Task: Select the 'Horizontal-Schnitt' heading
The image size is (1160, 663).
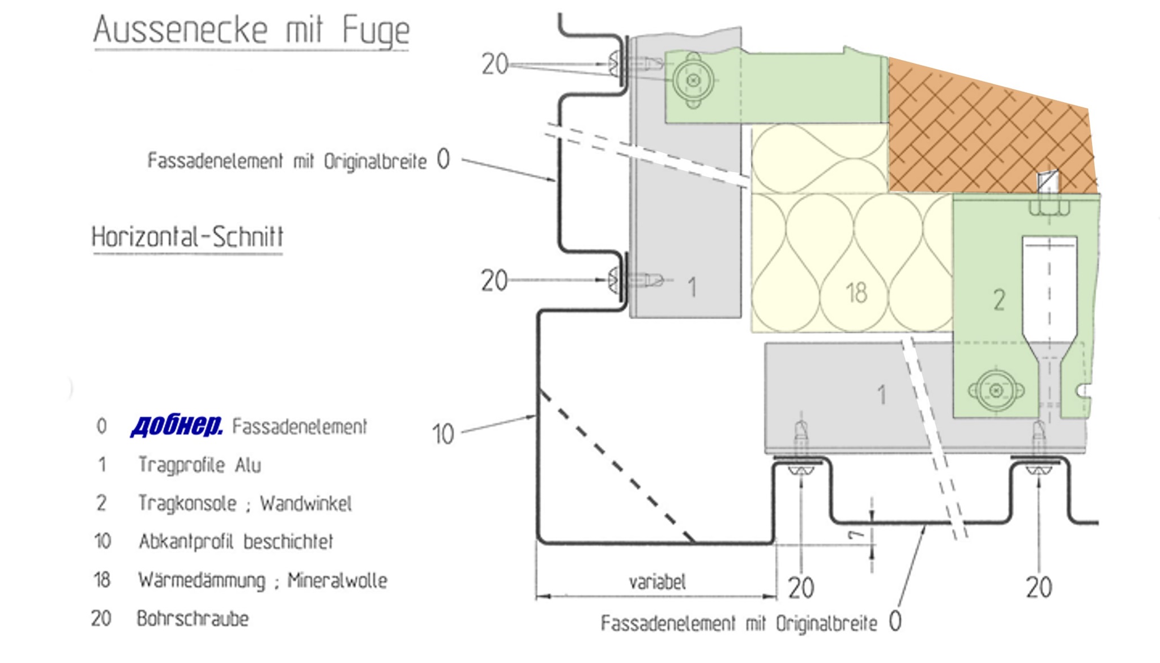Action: pos(187,237)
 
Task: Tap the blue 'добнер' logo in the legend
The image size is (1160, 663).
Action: pos(176,426)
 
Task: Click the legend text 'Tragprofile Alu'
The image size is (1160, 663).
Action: pos(199,465)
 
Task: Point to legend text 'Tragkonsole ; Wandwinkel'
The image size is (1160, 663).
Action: pos(245,503)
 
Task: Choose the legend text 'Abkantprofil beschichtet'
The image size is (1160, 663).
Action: pos(236,542)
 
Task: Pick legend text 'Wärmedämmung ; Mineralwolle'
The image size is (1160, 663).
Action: pos(263,580)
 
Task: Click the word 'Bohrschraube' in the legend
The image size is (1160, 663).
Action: pos(193,619)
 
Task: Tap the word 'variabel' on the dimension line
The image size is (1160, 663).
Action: pos(657,582)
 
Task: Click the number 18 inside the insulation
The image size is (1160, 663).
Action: pos(856,293)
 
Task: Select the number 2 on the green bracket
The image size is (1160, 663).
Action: pos(999,300)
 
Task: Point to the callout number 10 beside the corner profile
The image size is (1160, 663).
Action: pos(443,435)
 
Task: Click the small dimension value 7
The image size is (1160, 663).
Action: pos(855,535)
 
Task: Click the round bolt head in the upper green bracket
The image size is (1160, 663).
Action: pos(693,80)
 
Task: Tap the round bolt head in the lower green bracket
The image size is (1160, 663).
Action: pos(996,390)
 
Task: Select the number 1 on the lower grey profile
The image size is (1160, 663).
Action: pos(881,395)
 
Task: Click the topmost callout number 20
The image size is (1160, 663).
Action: pos(495,64)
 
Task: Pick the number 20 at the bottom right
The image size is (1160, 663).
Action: pos(1039,588)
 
